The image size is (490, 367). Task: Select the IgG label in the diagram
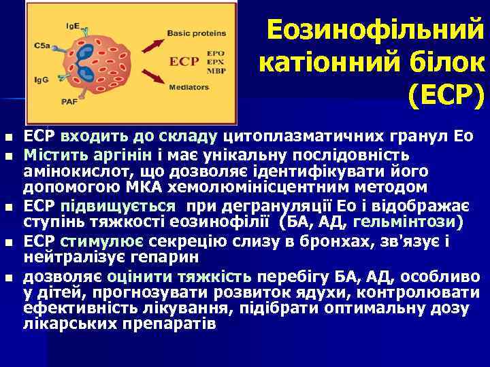click(x=42, y=80)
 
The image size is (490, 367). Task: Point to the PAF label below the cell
click(x=69, y=101)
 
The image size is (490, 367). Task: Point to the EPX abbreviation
click(x=217, y=60)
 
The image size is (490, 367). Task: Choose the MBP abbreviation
click(x=217, y=68)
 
